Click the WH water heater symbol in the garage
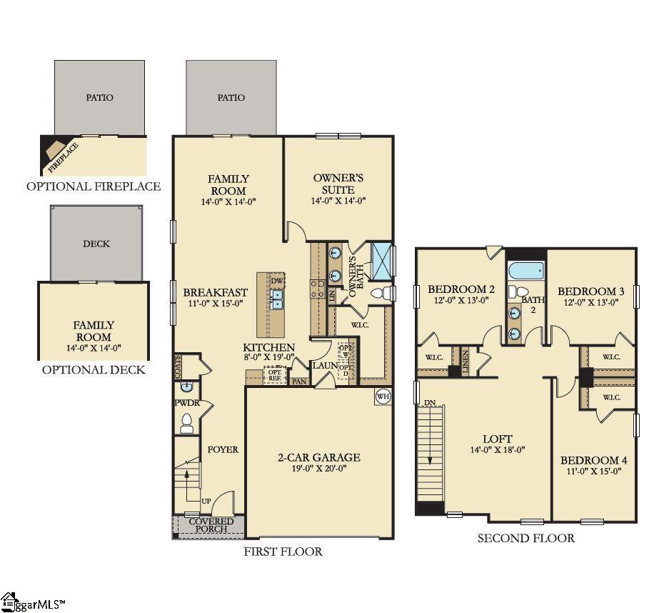click(x=383, y=397)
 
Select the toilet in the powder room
click(x=186, y=423)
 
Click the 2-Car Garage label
click(x=319, y=457)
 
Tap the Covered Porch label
click(x=211, y=525)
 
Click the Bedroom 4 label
click(x=593, y=460)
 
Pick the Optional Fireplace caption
click(x=93, y=186)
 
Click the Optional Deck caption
click(x=93, y=369)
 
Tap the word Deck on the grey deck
click(x=96, y=244)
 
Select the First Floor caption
click(x=283, y=552)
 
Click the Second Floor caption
click(x=525, y=538)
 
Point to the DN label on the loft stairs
click(x=428, y=402)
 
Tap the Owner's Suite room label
click(x=338, y=184)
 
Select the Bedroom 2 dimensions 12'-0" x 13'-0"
click(x=461, y=301)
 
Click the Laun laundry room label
click(x=323, y=365)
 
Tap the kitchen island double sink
click(x=277, y=298)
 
